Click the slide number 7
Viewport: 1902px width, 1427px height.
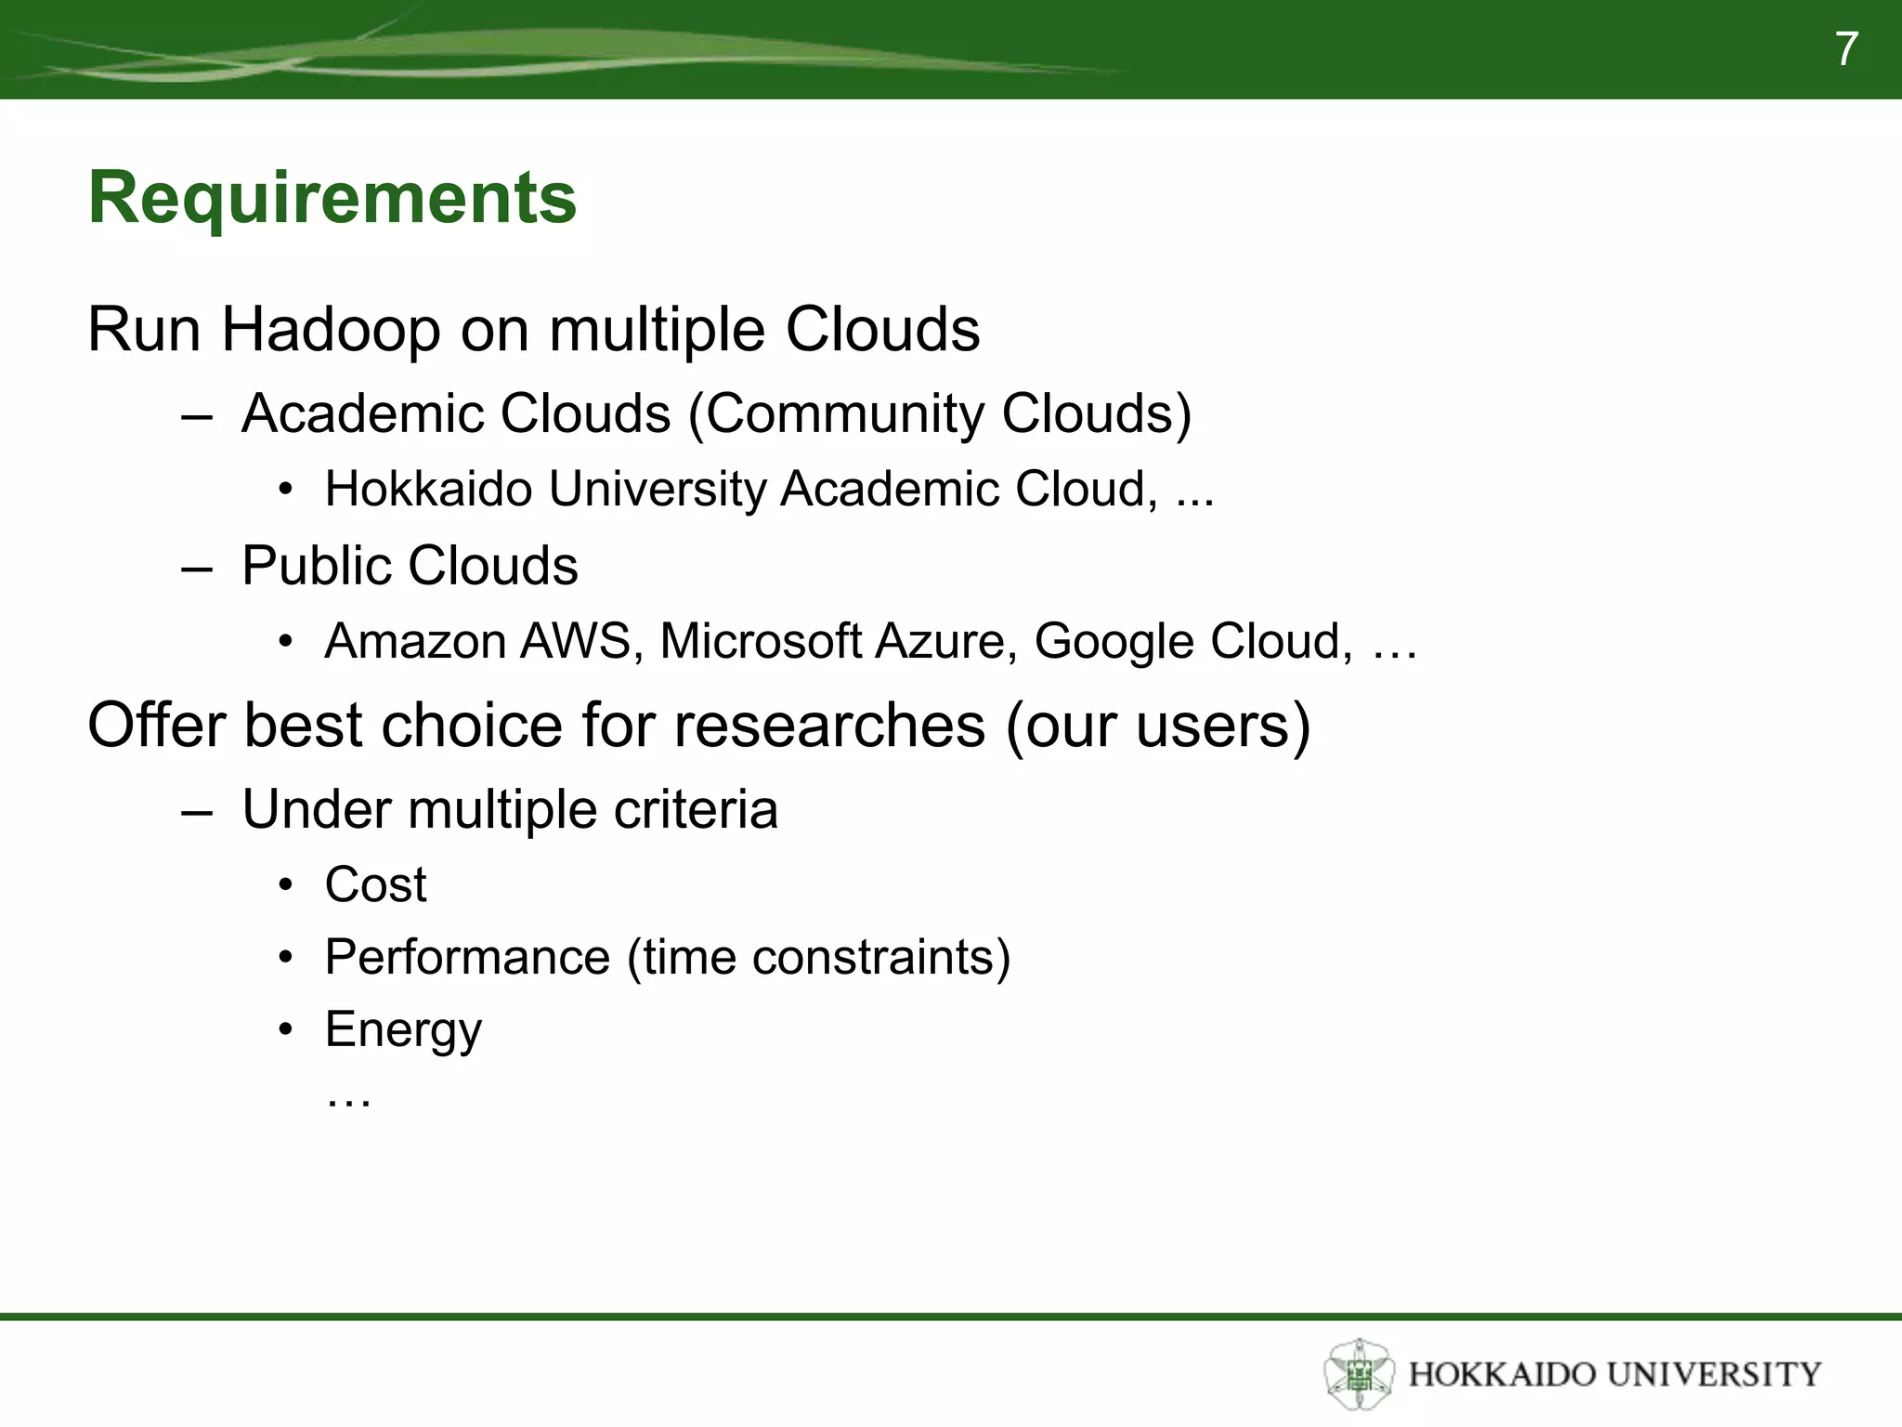pos(1846,49)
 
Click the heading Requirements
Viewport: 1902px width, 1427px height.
pos(332,198)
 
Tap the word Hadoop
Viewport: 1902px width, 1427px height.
pos(330,330)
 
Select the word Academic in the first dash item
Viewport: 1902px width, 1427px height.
pos(362,413)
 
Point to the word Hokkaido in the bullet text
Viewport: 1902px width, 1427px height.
pos(428,490)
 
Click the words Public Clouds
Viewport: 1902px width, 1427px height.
pos(410,566)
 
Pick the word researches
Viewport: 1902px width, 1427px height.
pos(829,726)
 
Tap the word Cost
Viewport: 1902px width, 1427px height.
pos(375,884)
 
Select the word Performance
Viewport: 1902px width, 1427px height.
pos(467,958)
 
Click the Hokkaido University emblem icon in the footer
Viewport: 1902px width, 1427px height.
pos(1359,1374)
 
